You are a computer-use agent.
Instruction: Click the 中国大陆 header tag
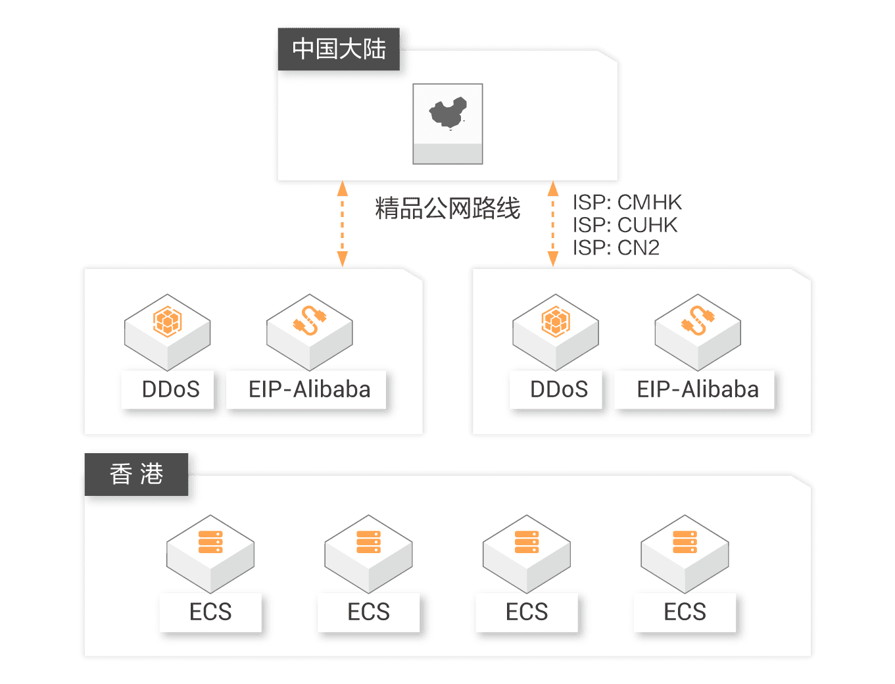point(339,49)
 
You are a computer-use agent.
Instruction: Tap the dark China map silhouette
point(448,113)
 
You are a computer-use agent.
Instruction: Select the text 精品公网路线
point(447,208)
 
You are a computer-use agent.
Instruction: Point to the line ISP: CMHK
point(627,202)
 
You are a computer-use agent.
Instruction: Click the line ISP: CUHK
point(625,225)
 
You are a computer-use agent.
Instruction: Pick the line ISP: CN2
point(616,247)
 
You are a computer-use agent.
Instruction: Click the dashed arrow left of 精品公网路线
point(343,224)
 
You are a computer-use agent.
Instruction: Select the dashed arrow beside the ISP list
point(553,224)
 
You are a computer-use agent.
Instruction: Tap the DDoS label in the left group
point(170,389)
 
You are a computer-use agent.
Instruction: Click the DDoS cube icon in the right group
point(556,322)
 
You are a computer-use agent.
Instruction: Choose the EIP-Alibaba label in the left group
point(310,389)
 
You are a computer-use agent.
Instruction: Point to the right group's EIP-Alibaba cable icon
point(698,320)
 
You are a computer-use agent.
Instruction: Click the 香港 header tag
point(136,474)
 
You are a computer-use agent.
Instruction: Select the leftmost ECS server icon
point(210,542)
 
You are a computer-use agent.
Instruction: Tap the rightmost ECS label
point(685,612)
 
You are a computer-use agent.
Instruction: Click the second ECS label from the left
point(368,612)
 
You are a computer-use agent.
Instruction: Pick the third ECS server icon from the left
point(526,542)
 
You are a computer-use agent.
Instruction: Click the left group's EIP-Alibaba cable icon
point(310,320)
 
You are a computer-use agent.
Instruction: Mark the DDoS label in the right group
point(558,389)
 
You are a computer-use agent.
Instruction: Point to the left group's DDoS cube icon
point(167,322)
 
